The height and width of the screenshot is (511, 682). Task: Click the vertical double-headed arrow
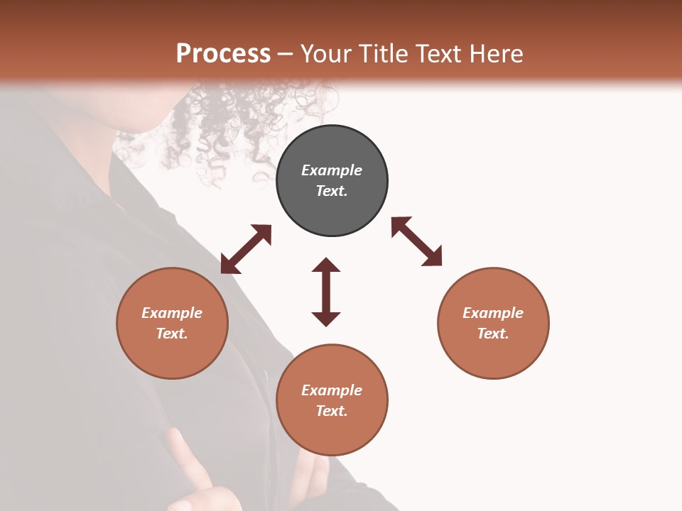tap(326, 292)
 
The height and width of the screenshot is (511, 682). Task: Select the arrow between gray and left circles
tap(246, 249)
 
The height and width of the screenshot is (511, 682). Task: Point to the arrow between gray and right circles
tap(416, 241)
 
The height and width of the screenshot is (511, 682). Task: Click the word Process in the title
tap(223, 53)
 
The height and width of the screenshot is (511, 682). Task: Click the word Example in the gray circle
tap(332, 170)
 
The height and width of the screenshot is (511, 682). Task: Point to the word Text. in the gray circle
tap(332, 191)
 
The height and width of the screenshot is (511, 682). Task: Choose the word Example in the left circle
tap(172, 313)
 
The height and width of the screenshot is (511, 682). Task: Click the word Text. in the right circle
tap(493, 334)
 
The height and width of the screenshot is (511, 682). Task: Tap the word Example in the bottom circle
tap(332, 390)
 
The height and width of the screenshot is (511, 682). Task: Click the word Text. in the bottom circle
tap(332, 411)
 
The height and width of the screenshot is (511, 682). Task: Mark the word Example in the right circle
tap(493, 313)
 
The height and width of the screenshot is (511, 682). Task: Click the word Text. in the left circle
tap(172, 334)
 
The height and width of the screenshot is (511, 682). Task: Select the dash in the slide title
tap(286, 54)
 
